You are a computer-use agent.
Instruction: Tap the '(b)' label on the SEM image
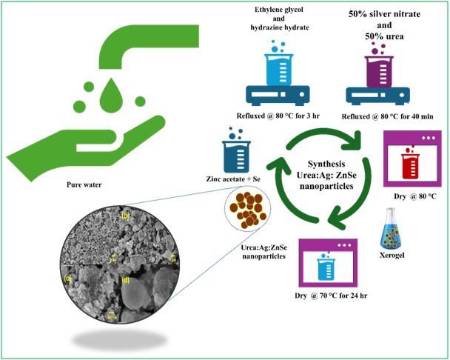pyautogui.click(x=125, y=216)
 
